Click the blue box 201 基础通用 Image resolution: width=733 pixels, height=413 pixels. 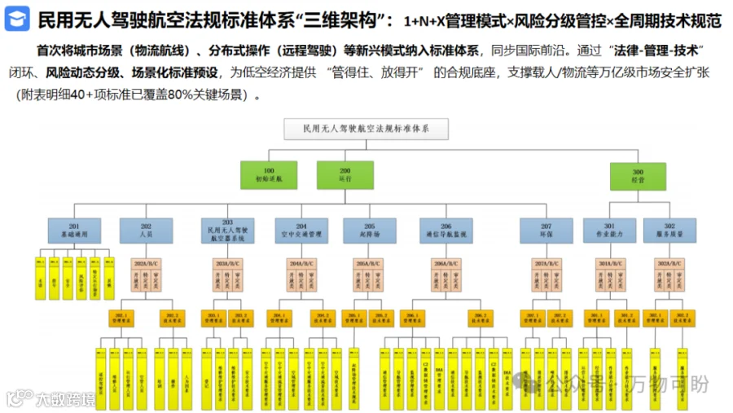74,230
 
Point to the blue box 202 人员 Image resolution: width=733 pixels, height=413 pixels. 146,230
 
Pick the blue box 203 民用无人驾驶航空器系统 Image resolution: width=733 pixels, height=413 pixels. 227,230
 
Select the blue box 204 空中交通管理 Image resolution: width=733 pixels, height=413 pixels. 301,230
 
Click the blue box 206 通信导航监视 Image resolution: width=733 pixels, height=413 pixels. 446,230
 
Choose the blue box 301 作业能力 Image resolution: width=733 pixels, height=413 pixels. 609,230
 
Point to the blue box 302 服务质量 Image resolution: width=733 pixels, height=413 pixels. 669,230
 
